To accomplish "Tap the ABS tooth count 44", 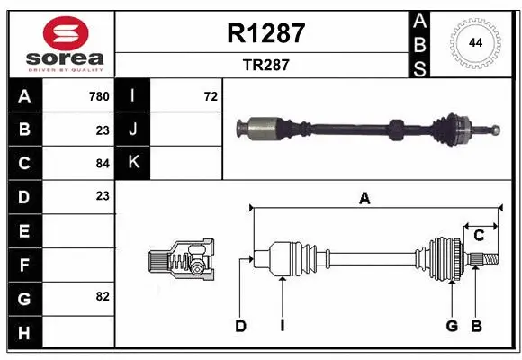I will [474, 42].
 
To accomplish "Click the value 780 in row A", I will [98, 96].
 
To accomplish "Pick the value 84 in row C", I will [102, 163].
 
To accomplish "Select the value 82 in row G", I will [102, 295].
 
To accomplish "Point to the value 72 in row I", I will [211, 96].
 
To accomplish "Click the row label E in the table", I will [23, 230].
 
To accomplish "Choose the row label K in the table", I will [133, 163].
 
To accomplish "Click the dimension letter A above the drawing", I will [364, 199].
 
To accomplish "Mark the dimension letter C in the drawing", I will [479, 235].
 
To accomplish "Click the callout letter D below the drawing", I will [240, 326].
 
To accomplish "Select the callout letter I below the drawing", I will [282, 326].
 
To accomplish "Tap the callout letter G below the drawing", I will [452, 326].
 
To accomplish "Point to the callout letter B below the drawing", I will [477, 326].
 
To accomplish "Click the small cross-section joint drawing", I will [182, 261].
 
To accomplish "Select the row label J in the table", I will [133, 130].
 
